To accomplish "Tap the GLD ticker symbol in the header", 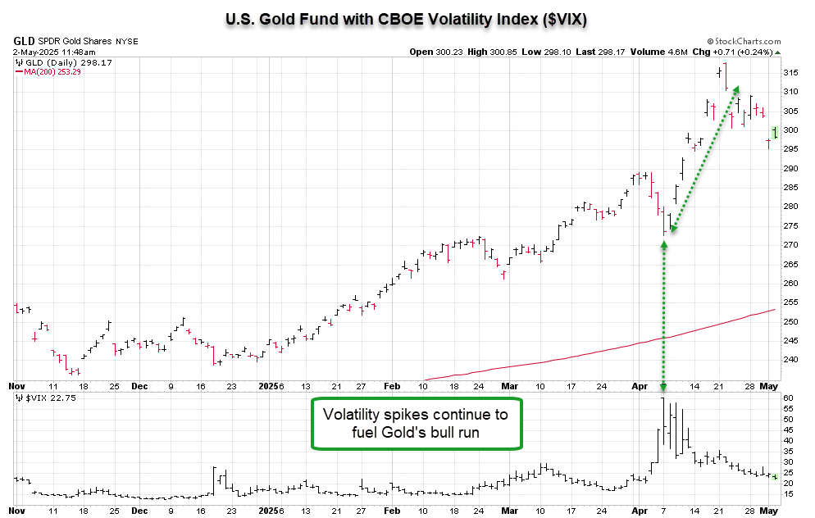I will [24, 41].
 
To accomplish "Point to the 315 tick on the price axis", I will [790, 73].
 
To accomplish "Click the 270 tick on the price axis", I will [790, 245].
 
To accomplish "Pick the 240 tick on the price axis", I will [790, 360].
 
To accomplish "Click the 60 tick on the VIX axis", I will [788, 398].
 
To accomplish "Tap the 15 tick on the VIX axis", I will [788, 494].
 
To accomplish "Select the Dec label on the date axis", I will [139, 385].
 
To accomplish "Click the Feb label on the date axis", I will [392, 385].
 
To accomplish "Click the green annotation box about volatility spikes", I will [416, 424].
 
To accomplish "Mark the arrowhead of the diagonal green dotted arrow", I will [735, 89].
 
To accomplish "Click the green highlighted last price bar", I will [775, 132].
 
